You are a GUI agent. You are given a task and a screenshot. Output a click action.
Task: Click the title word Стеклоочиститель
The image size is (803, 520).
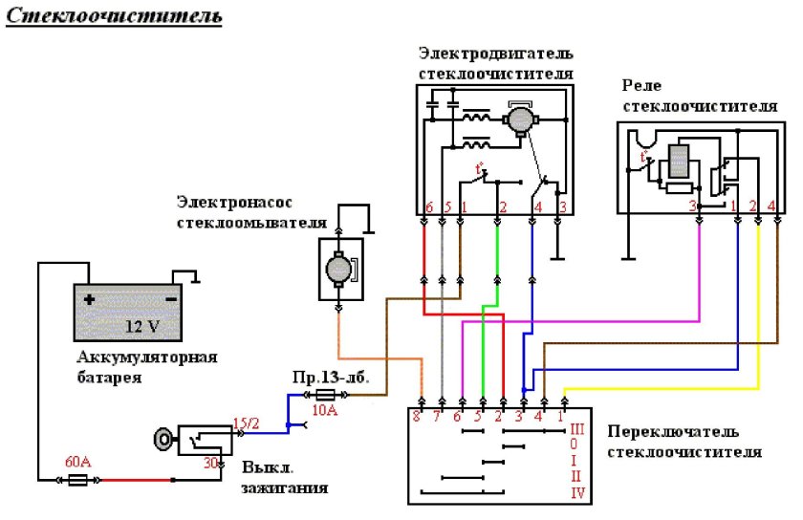tap(115, 17)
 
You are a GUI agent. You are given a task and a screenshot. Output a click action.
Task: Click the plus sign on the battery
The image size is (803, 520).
tap(89, 299)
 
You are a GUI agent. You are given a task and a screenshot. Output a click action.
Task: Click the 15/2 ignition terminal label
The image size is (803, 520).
tap(247, 422)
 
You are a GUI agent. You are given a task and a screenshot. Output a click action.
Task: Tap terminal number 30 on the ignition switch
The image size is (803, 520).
tap(213, 463)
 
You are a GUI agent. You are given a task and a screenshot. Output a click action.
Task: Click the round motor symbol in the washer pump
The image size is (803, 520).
tap(338, 269)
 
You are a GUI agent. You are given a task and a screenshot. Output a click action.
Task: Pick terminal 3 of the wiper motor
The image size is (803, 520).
tap(563, 206)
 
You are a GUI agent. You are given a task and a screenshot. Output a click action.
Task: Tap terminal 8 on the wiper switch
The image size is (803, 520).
tap(417, 416)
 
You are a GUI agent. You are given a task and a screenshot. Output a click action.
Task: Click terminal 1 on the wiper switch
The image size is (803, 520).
tap(561, 416)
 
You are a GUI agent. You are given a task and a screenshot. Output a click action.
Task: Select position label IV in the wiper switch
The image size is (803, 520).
tap(577, 493)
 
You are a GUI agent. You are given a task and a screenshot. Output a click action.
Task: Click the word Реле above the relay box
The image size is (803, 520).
tap(640, 86)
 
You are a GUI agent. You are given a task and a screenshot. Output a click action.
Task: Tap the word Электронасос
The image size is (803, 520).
tap(223, 202)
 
